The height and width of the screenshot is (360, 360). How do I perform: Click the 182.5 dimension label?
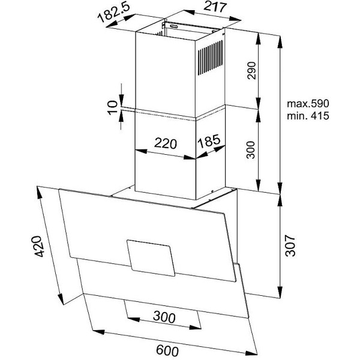[114, 13]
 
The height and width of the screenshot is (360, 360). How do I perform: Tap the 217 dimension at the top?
[215, 7]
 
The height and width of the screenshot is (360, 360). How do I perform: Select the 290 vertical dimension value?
[251, 70]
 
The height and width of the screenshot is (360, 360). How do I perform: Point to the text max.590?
[308, 104]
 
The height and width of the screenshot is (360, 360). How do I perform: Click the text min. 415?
[308, 115]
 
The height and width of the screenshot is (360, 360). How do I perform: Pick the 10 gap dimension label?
[112, 107]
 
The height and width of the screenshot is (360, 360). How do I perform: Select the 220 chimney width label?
[166, 143]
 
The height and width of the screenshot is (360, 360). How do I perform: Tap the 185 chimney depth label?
[209, 141]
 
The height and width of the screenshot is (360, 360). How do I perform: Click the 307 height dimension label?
[290, 245]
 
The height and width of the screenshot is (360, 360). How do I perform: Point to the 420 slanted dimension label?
[38, 246]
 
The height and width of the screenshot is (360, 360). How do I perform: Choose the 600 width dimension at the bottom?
[167, 350]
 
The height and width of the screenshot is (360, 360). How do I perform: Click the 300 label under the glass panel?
[164, 317]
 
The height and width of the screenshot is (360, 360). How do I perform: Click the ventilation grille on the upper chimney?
[211, 58]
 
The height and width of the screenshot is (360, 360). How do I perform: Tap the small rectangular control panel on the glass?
[151, 258]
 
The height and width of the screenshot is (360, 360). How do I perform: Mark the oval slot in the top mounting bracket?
[176, 27]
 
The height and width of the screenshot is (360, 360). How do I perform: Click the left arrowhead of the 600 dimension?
[98, 332]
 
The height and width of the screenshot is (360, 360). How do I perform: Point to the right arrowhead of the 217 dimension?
[235, 19]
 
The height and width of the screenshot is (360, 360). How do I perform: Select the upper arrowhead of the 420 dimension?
[39, 193]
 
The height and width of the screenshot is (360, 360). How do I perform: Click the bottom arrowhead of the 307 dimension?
[280, 292]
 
